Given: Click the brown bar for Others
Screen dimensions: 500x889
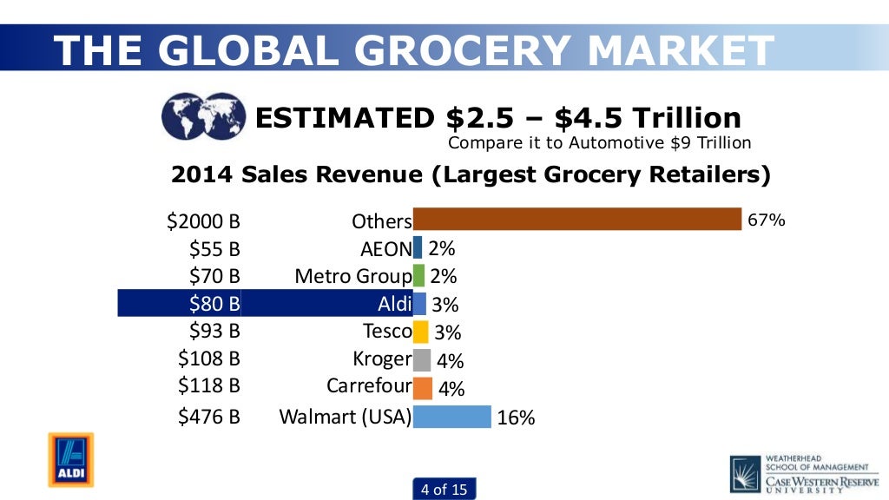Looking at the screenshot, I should click(x=576, y=220).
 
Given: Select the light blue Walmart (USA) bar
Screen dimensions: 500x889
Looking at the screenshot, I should click(x=451, y=417).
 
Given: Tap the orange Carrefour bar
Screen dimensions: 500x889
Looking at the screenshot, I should click(x=423, y=387).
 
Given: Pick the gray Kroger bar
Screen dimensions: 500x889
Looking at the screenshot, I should click(x=422, y=359).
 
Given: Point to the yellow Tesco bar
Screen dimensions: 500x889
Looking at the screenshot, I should click(x=420, y=332).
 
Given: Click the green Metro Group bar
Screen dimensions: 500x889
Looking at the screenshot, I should click(x=418, y=276).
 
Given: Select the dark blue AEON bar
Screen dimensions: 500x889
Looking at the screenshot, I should click(x=418, y=248).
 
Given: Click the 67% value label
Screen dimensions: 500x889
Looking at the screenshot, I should click(x=767, y=220).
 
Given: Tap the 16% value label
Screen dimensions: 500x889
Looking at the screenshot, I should click(x=516, y=418).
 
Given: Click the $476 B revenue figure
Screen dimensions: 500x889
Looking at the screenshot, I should click(x=208, y=417).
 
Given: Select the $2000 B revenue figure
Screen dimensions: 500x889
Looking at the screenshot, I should click(x=203, y=221).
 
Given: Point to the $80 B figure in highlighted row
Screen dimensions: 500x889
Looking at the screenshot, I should click(x=214, y=304).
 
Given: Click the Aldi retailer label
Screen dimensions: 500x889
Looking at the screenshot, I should click(x=394, y=304).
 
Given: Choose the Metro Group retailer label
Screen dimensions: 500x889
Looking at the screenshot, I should click(x=352, y=276).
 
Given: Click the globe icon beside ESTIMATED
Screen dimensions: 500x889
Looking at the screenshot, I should click(x=203, y=117).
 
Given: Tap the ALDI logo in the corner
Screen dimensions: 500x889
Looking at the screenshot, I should click(x=70, y=459).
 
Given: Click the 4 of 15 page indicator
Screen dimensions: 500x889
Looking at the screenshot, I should click(x=444, y=490).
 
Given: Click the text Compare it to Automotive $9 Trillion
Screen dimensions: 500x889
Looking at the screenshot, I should click(x=599, y=142).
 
